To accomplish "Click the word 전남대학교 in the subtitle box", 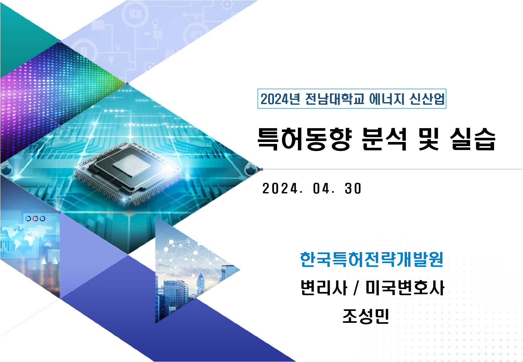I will click(334, 99).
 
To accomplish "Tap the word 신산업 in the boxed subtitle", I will click(427, 99).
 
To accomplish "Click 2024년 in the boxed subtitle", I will click(280, 99).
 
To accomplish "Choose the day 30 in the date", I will click(353, 189).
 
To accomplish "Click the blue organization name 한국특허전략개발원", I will click(372, 259).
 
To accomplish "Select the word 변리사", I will click(324, 287).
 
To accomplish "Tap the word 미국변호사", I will click(405, 287).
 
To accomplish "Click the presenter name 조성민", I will click(366, 316).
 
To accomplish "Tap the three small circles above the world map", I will click(35, 218).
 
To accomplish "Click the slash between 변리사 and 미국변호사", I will click(356, 288).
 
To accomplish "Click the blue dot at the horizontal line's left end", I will click(261, 169).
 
